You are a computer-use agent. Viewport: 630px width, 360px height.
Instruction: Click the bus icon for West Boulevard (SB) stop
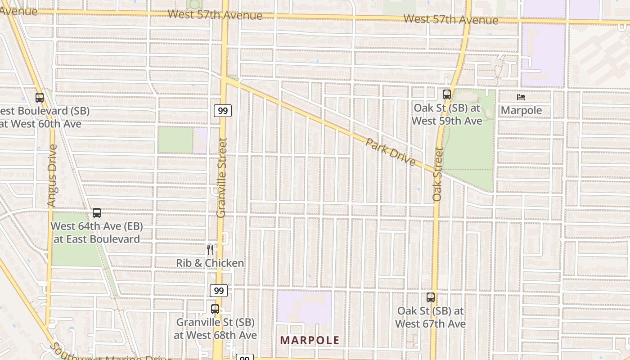[x=40, y=97]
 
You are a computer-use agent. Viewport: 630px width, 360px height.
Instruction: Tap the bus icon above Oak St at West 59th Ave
[x=446, y=94]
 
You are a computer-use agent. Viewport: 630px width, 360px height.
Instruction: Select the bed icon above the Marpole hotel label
[x=521, y=97]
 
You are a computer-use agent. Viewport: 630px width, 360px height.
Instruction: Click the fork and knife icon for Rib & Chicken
[x=210, y=249]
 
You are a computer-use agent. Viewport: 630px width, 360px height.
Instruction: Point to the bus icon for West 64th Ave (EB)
[x=96, y=213]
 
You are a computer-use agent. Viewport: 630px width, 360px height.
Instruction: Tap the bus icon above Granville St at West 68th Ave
[x=215, y=309]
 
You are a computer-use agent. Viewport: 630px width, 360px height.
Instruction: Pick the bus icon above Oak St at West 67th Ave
[x=431, y=297]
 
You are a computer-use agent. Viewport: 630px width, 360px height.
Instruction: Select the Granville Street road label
[x=221, y=178]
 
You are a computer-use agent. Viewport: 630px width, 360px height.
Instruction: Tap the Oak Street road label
[x=438, y=174]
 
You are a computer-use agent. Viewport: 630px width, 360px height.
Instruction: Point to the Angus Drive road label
[x=52, y=175]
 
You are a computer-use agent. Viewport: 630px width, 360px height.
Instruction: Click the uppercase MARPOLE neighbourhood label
[x=310, y=340]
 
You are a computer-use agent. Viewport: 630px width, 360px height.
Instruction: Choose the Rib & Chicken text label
[x=210, y=263]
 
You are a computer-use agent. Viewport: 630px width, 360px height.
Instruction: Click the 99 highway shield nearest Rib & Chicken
[x=219, y=291]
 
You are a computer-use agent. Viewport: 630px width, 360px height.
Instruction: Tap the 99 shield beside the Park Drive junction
[x=222, y=110]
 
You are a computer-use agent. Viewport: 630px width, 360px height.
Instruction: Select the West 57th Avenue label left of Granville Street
[x=215, y=15]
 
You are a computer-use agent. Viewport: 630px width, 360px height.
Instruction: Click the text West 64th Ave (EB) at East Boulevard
[x=96, y=233]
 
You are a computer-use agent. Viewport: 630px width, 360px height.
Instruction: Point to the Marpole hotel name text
[x=521, y=110]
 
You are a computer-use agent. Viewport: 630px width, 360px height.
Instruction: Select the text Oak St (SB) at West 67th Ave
[x=431, y=317]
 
